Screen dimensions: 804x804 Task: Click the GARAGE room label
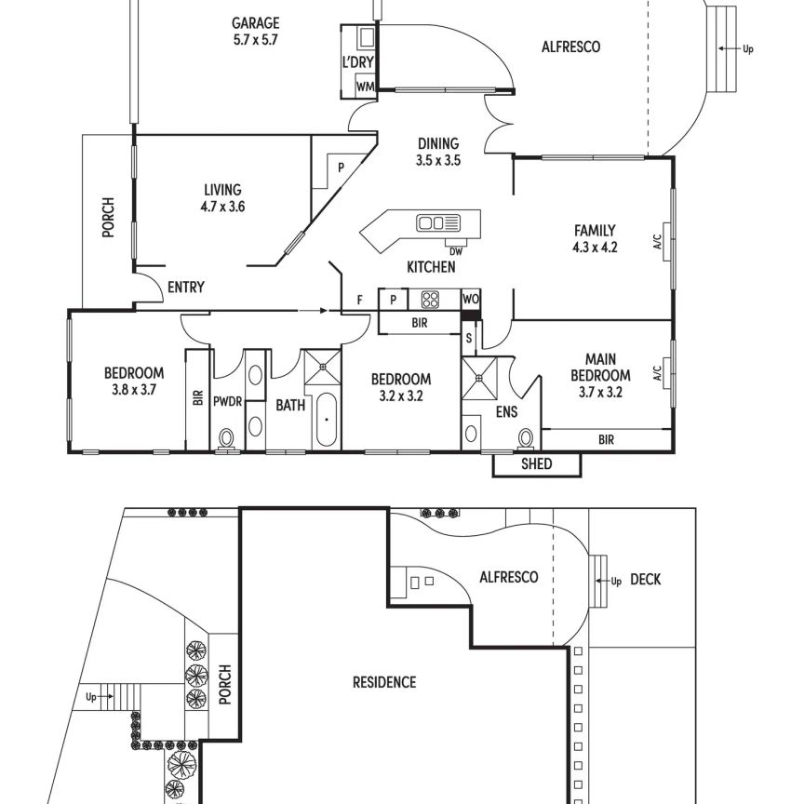255,23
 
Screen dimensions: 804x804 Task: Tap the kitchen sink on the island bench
438,223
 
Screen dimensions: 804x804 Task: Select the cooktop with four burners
430,300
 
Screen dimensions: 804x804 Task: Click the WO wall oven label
470,299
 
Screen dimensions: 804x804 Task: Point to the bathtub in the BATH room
327,420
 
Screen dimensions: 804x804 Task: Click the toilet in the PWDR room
226,439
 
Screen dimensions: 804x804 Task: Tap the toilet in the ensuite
526,438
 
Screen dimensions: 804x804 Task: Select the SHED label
536,464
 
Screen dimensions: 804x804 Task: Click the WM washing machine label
365,87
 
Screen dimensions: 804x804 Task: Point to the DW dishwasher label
455,252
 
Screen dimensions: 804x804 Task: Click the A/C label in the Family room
658,242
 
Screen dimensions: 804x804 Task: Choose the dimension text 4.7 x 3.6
222,207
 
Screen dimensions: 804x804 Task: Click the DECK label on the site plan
645,580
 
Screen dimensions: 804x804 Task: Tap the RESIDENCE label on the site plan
384,682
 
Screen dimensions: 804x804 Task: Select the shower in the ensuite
479,379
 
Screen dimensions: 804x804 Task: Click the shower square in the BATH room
323,367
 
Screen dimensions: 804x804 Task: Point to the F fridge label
360,300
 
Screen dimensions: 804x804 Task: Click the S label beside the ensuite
468,339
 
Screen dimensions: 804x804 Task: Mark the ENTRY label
185,288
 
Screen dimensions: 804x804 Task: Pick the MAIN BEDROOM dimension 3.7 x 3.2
600,393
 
